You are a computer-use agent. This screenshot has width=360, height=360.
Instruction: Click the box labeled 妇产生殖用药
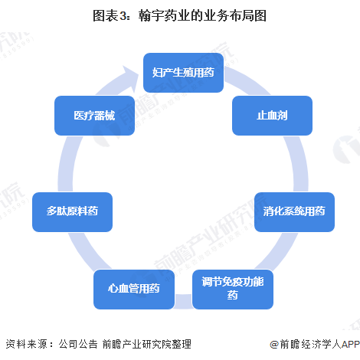pos(183,73)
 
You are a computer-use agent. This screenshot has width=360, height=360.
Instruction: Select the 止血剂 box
pos(272,116)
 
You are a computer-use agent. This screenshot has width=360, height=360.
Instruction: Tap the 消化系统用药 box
pos(294,212)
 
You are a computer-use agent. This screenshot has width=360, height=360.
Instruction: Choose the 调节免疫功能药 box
pos(233,290)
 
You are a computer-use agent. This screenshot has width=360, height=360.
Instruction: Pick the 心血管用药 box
pos(134,290)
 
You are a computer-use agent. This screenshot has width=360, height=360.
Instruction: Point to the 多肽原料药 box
pos(72,212)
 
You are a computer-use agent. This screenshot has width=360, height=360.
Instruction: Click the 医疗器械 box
pos(94,116)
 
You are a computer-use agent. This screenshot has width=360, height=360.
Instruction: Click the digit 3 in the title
pos(123,16)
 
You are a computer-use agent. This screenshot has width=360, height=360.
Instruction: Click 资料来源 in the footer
pos(27,344)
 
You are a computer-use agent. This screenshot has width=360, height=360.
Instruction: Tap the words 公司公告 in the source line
pos(78,344)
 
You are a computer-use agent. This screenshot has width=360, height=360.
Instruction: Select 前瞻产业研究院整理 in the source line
pos(147,344)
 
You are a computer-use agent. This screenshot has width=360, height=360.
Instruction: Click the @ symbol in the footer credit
pos(274,345)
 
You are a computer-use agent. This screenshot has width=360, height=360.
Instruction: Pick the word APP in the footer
pos(351,345)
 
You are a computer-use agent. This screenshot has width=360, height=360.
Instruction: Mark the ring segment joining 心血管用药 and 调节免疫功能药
pos(183,301)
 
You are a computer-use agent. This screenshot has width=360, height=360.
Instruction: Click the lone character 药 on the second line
pos(233,296)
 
